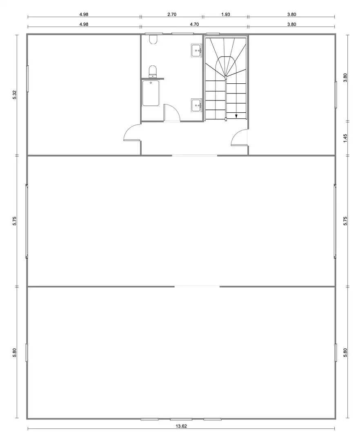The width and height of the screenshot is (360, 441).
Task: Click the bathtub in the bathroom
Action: [151, 93]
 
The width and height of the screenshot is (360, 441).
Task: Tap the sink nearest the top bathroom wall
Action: [196, 51]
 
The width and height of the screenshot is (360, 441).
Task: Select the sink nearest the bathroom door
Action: [196, 105]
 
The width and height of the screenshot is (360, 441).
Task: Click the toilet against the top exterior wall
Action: [153, 39]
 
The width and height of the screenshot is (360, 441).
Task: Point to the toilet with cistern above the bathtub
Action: [153, 71]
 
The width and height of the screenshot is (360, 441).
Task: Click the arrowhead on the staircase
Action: [236, 116]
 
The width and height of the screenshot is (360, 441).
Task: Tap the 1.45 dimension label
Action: [345, 138]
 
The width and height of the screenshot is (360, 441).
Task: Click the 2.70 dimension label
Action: [172, 14]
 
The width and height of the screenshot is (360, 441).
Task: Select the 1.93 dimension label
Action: [226, 14]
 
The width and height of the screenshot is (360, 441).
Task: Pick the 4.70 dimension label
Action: [194, 24]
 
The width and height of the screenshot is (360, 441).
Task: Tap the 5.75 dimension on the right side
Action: [345, 221]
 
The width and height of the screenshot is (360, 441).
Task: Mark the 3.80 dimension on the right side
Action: [345, 78]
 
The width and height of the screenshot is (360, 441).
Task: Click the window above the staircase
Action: [213, 34]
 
